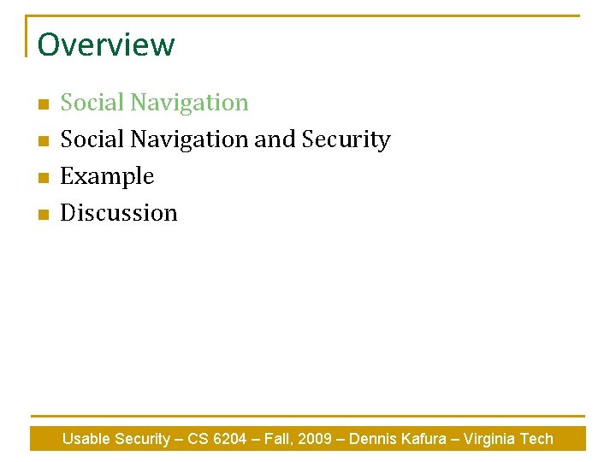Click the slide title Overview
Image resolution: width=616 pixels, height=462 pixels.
click(105, 44)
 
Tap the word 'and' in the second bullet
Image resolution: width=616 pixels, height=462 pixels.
click(273, 139)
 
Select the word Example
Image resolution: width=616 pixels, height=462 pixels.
click(107, 176)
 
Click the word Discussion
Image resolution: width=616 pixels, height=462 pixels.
click(119, 213)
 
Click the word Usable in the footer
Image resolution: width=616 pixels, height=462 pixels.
click(86, 439)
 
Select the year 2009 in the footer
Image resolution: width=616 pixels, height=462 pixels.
click(316, 439)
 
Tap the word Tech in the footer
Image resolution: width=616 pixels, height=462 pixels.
click(536, 439)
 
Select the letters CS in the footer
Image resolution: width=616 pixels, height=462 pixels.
click(198, 439)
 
